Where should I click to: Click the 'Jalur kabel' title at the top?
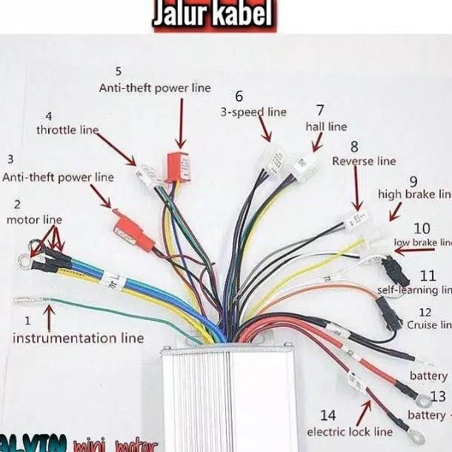pos(213,16)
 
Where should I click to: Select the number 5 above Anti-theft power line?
pos(119,71)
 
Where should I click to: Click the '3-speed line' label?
pos(253,112)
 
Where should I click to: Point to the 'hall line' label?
pos(326,127)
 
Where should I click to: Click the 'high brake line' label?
pos(415,194)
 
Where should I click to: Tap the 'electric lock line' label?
pos(350,431)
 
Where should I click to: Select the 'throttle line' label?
pos(67,130)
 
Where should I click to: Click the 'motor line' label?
pos(34,219)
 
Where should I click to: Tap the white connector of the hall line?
pos(303,169)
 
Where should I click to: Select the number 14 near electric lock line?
pos(328,415)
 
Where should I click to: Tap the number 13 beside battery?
pos(438,396)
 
